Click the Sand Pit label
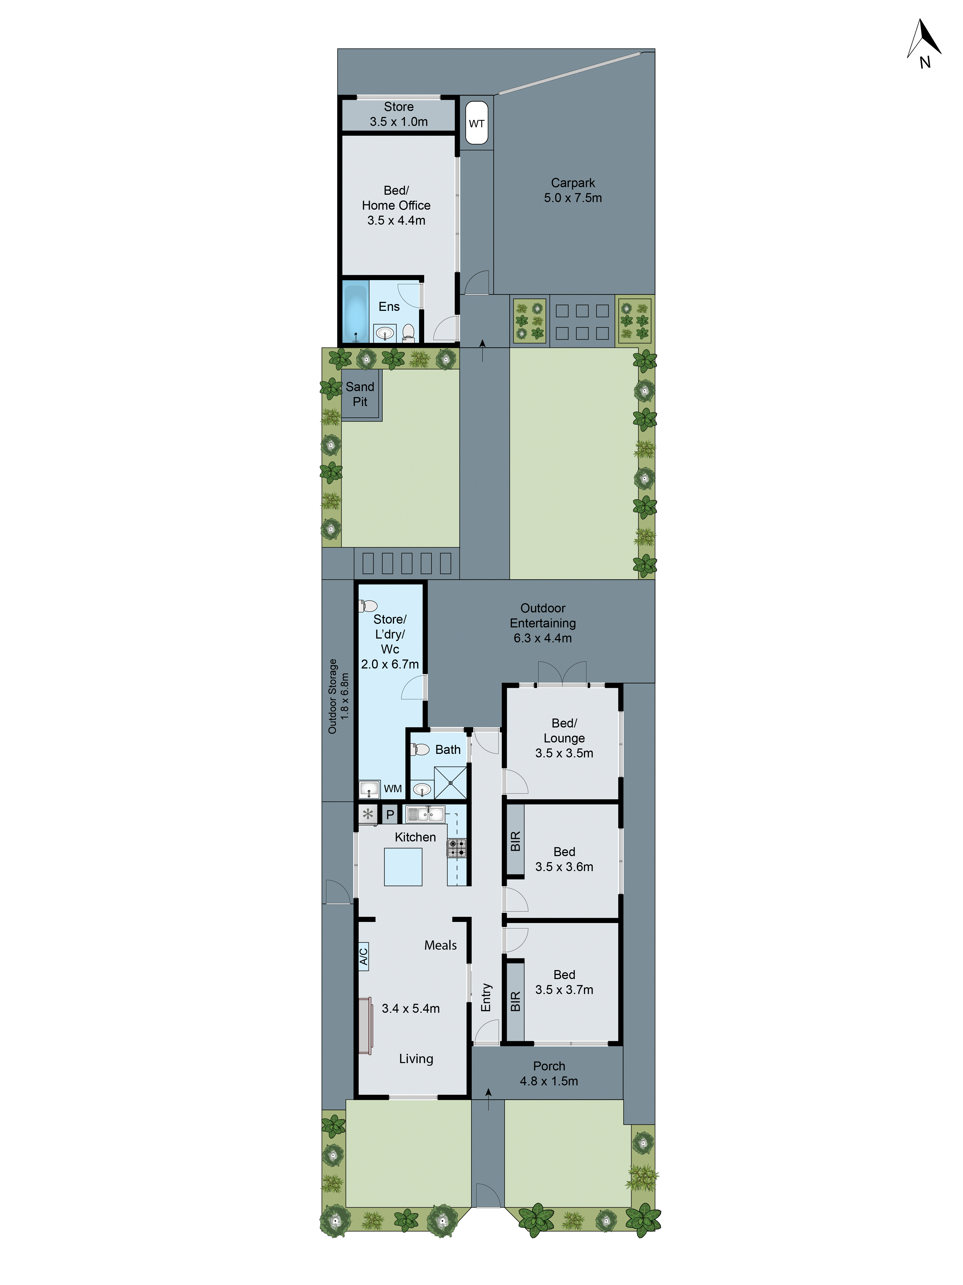click(x=360, y=394)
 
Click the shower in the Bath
click(x=451, y=782)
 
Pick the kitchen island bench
click(x=403, y=867)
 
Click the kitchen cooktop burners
click(x=456, y=848)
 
